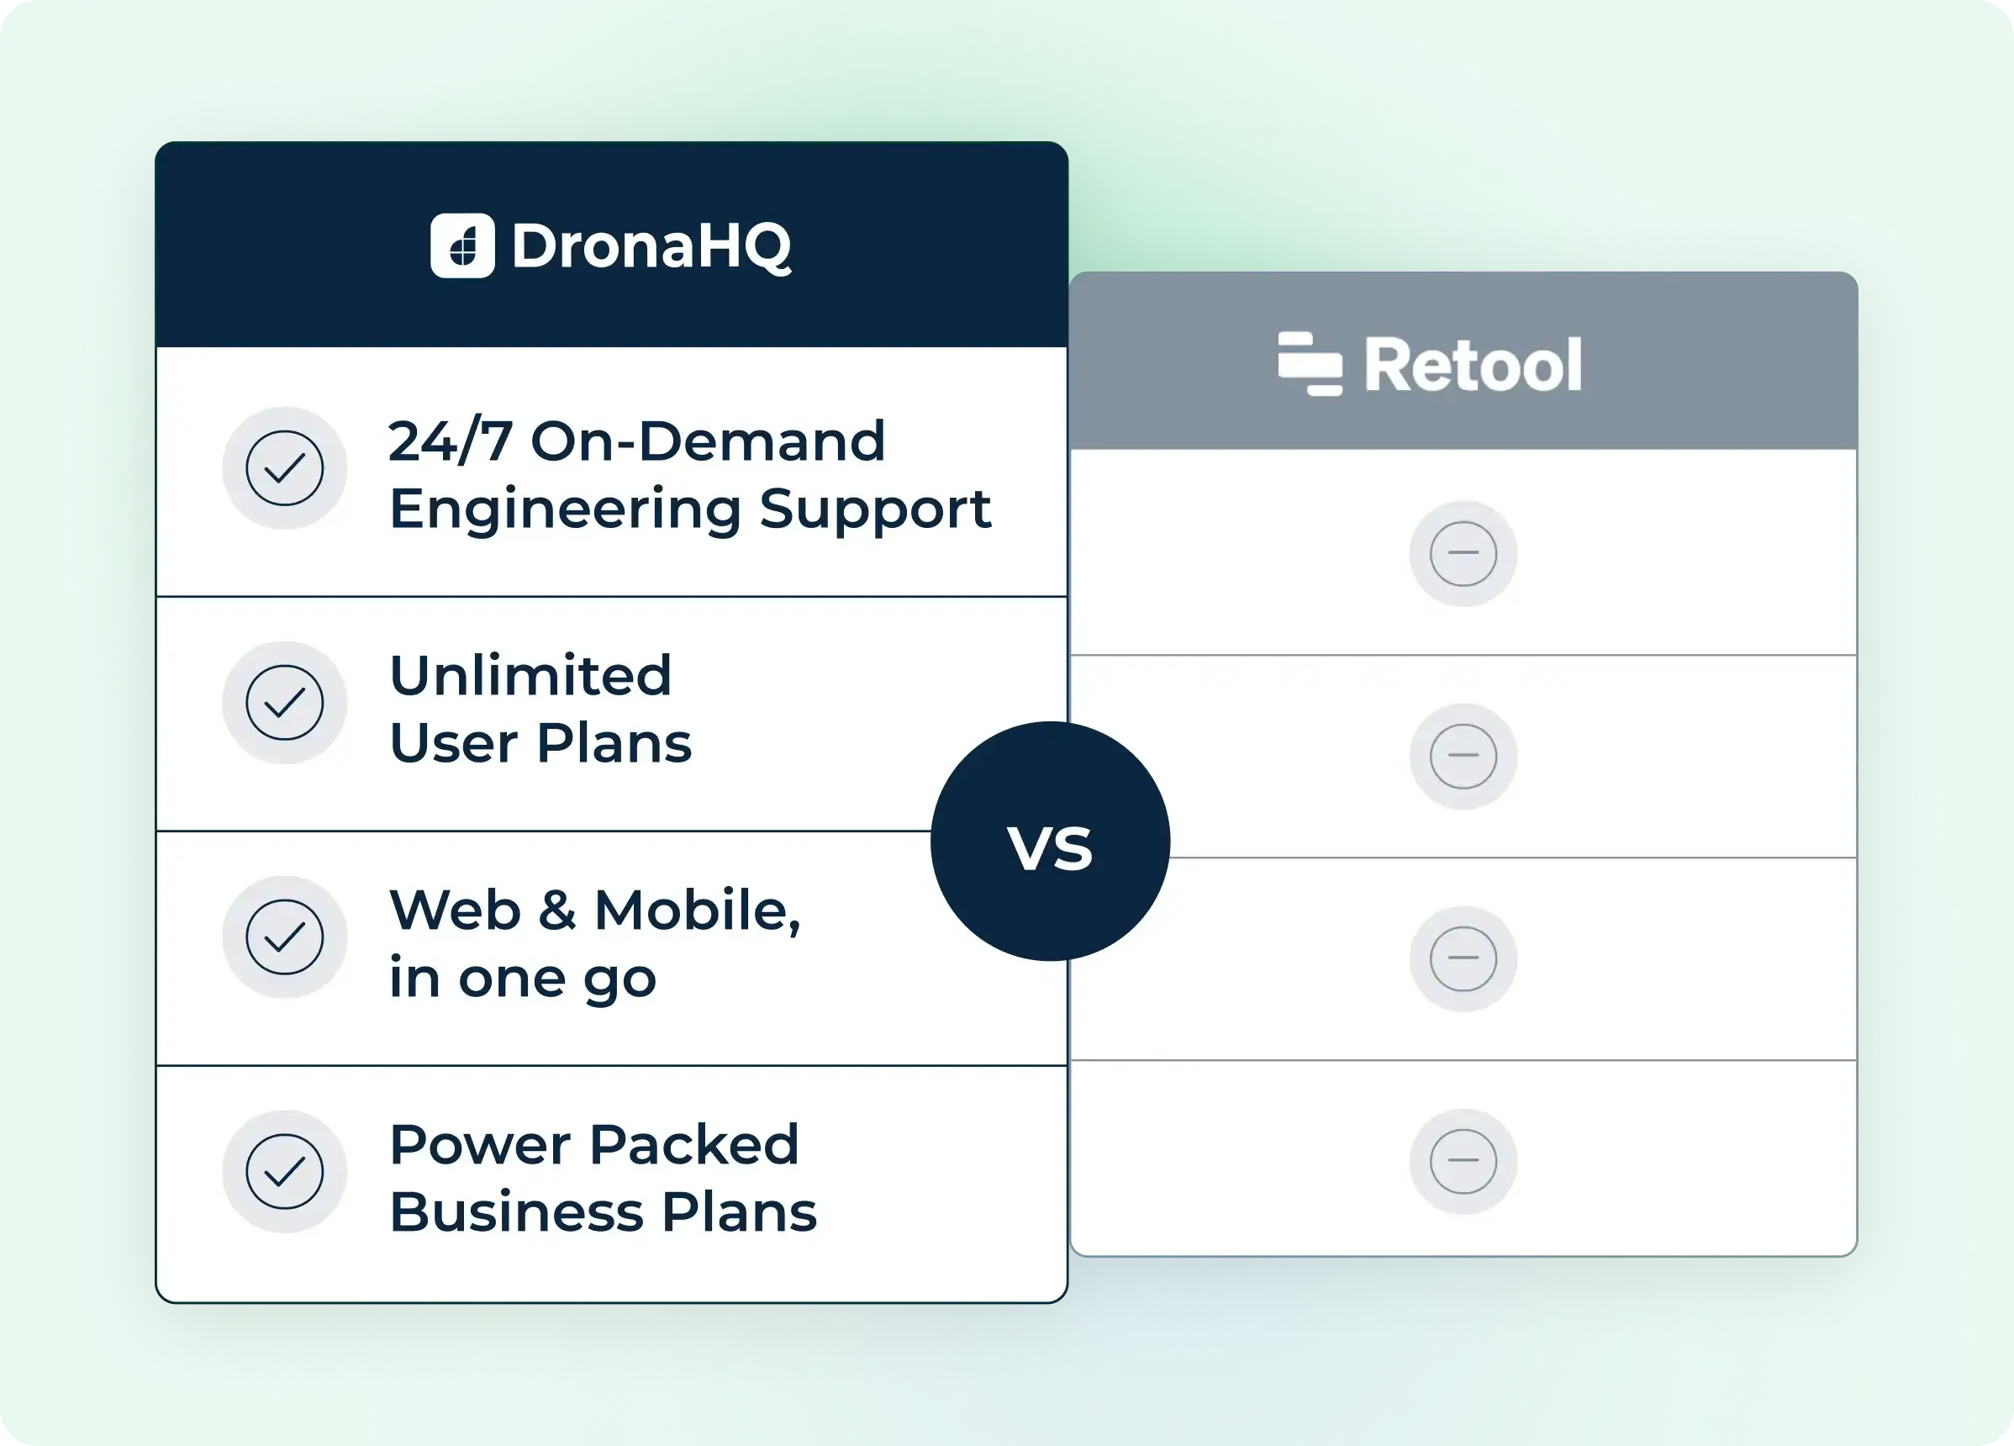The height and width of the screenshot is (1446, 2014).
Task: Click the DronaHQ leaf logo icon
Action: [461, 246]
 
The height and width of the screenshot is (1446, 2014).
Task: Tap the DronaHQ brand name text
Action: [651, 246]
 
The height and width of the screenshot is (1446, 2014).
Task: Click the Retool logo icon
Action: [1310, 363]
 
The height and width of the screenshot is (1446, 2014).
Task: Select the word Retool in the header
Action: [1473, 364]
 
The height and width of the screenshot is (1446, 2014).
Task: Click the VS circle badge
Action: [1050, 842]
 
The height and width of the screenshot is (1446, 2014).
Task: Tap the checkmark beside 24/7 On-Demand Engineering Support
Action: [284, 468]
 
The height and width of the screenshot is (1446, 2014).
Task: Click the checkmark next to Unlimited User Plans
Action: [284, 703]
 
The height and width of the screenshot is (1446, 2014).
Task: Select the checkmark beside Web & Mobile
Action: [284, 937]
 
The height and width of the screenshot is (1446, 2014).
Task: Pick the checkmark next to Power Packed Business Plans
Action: [284, 1172]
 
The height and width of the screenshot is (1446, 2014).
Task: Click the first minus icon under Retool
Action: [1463, 553]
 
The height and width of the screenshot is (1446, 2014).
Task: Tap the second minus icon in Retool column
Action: [1463, 756]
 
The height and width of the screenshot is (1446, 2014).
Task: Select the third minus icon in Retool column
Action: [1463, 958]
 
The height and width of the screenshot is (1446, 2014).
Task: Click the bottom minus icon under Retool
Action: [1463, 1161]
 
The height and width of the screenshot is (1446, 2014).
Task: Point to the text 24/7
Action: [451, 441]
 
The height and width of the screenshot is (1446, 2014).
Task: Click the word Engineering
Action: [565, 509]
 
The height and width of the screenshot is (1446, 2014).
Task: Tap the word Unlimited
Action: [530, 676]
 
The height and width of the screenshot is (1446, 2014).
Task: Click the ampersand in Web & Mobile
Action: [556, 910]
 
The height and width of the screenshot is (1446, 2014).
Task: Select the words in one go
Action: [522, 979]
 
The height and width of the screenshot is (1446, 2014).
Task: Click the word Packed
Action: [693, 1145]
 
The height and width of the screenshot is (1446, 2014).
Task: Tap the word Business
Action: [516, 1212]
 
